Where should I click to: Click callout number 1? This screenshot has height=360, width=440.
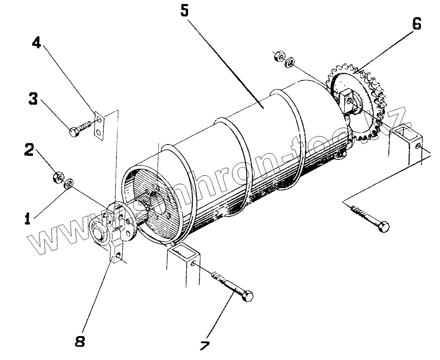[x=27, y=218]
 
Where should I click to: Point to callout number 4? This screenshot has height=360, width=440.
[x=37, y=43]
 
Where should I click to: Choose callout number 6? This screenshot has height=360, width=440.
[x=416, y=24]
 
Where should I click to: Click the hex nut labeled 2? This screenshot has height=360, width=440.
[x=56, y=177]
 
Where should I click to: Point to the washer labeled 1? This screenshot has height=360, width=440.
[x=69, y=184]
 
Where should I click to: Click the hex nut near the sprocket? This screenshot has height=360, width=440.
[x=278, y=57]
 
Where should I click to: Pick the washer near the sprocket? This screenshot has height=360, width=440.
[x=290, y=62]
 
